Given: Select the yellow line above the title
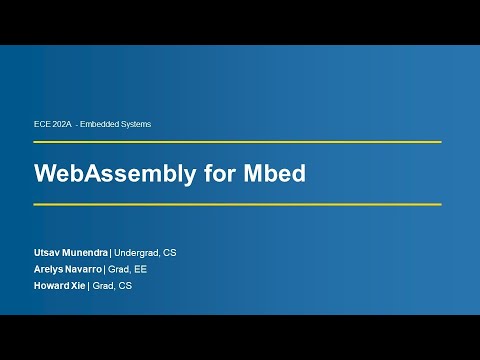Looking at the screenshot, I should coord(237,142).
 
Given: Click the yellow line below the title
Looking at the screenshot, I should coord(237,204).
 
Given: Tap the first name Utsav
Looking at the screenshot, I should coord(47,253).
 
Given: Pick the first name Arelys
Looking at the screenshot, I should coord(48,269).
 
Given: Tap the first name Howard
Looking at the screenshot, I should coord(51,286).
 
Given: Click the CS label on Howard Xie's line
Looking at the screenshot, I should coord(125,286).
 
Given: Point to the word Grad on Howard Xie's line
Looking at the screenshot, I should coord(102,286).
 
